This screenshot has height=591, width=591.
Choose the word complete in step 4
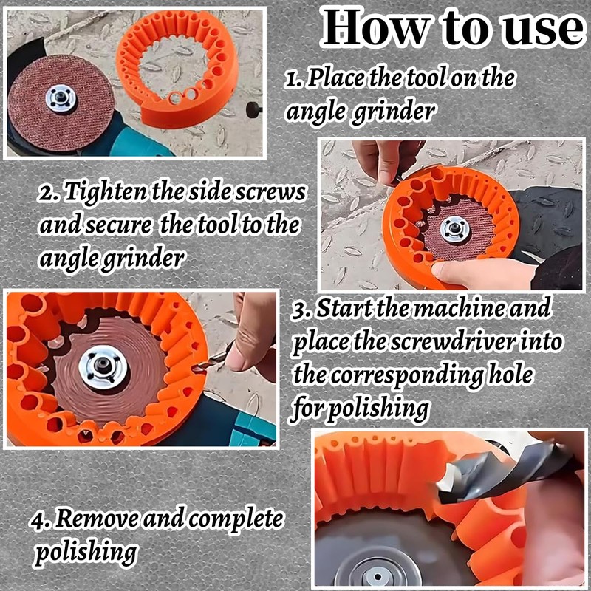point(236,519)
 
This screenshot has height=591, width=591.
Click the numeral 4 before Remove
point(38,519)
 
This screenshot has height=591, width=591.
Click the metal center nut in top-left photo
point(61,98)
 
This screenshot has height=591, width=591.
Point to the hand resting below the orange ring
point(480,275)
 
